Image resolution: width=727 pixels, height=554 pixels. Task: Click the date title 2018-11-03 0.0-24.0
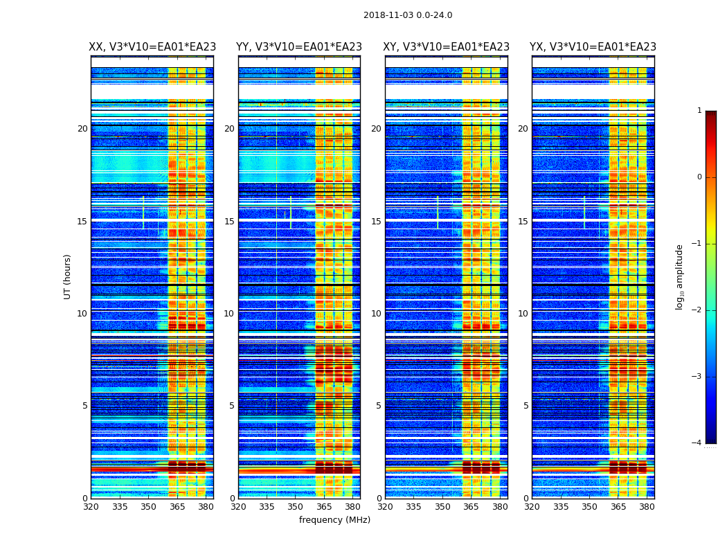[x=408, y=15]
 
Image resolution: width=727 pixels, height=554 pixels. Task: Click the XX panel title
[x=152, y=47]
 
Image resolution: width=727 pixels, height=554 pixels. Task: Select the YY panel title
[x=299, y=47]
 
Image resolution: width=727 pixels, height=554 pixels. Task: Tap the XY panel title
[x=447, y=47]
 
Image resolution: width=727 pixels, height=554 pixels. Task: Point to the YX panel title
[x=593, y=47]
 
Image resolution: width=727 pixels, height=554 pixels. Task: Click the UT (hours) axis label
[x=68, y=276]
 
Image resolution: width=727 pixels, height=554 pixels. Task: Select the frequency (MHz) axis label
[x=334, y=520]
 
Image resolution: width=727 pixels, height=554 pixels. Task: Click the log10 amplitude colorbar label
[x=680, y=276]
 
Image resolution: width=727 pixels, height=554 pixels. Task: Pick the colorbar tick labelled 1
[x=699, y=111]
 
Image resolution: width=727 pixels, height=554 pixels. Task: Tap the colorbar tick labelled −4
[x=697, y=443]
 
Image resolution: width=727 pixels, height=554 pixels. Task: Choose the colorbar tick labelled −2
[x=697, y=310]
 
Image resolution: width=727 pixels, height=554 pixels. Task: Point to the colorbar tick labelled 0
[x=699, y=177]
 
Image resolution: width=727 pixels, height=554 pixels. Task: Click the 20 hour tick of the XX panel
[x=82, y=129]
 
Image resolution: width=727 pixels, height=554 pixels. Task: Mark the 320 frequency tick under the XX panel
[x=91, y=507]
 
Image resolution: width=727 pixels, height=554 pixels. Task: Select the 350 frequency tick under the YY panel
[x=296, y=507]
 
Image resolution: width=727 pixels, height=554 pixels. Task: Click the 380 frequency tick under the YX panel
[x=647, y=507]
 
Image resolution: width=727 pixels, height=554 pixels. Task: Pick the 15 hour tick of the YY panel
[x=229, y=222]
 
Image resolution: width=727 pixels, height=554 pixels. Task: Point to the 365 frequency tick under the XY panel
[x=472, y=507]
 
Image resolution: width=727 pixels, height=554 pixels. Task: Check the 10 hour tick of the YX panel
[x=523, y=314]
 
